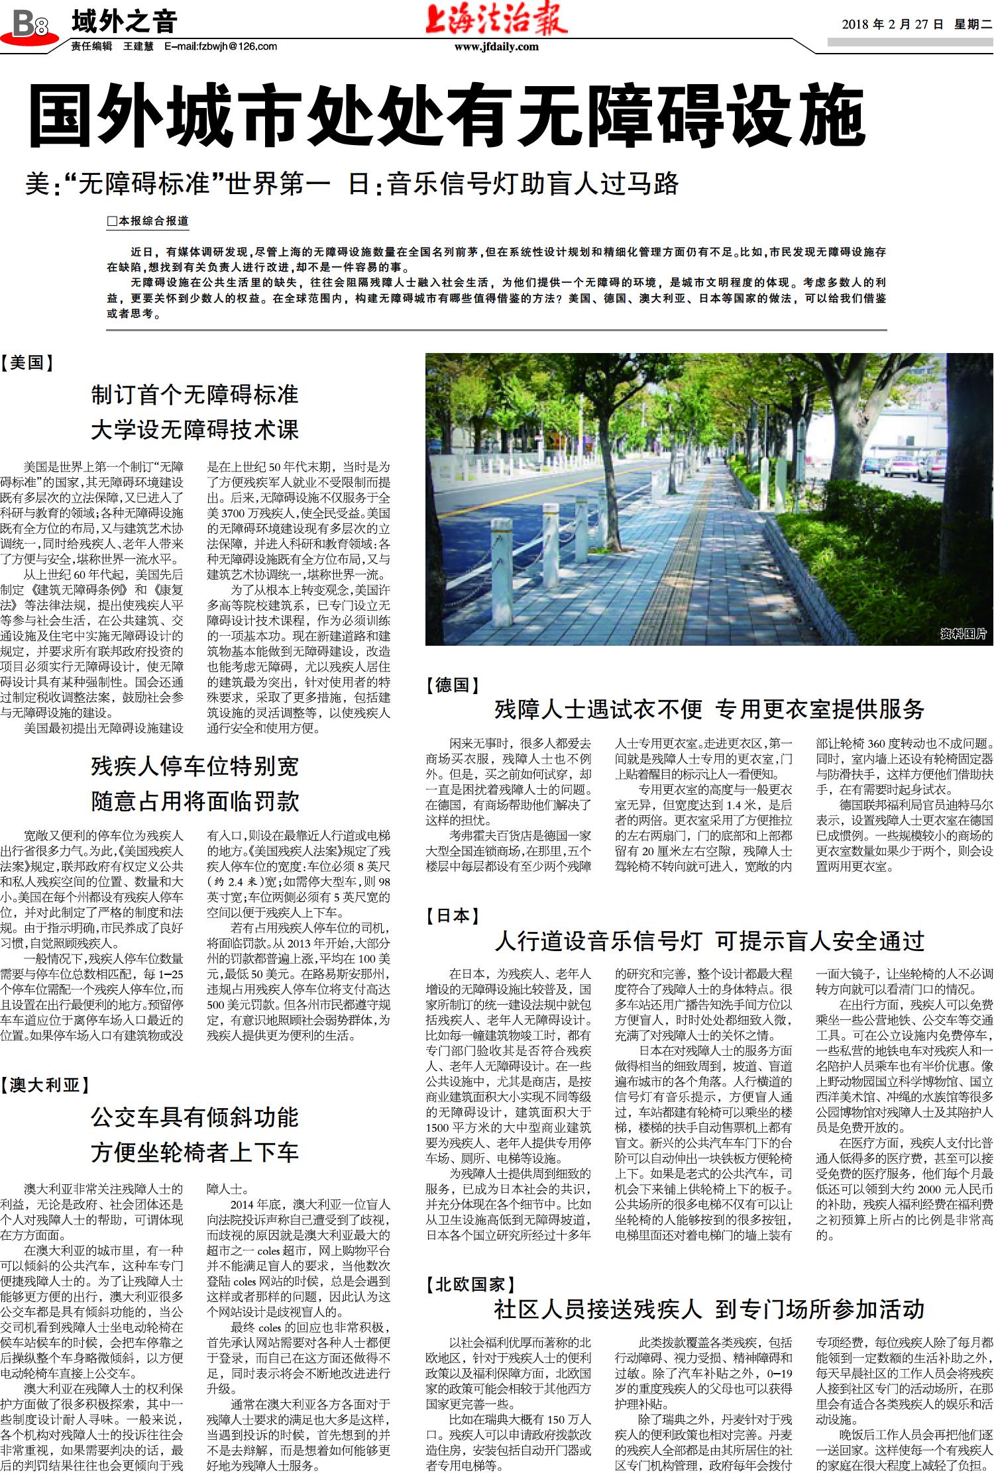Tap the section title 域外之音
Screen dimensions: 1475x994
point(124,23)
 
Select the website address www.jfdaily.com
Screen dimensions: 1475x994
point(496,47)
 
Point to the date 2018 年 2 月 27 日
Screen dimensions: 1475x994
point(892,25)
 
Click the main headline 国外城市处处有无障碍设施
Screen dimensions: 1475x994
point(447,117)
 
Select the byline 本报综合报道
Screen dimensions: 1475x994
point(148,221)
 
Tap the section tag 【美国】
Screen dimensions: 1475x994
point(27,362)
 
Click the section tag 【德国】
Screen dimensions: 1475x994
point(453,685)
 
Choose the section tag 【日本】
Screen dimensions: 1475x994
point(453,916)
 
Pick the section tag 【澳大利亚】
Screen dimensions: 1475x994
point(44,1085)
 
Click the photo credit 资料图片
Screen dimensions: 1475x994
point(963,634)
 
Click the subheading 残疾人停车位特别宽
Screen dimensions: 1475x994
point(195,766)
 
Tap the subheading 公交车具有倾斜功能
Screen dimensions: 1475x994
point(195,1117)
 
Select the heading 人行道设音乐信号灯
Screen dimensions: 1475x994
point(598,941)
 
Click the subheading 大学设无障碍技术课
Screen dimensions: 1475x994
point(195,429)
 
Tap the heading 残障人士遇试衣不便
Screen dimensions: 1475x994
point(598,709)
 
